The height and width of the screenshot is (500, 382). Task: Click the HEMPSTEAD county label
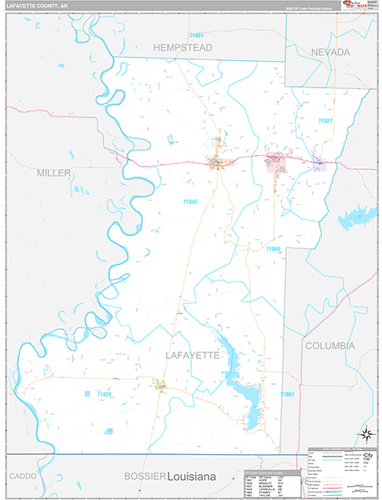point(183,47)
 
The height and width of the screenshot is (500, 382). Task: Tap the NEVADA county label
point(331,52)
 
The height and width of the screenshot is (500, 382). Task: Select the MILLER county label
point(54,172)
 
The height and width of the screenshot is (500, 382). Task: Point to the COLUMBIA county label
point(329,345)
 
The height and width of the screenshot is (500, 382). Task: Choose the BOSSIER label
point(144,475)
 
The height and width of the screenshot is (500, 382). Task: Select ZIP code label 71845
point(192,201)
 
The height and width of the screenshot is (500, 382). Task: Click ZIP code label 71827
point(324,121)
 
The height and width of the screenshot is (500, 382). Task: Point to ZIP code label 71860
point(274,249)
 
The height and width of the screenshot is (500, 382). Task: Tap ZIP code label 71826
point(104,392)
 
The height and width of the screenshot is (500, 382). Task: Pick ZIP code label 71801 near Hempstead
point(196,35)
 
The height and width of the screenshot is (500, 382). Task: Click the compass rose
point(364,433)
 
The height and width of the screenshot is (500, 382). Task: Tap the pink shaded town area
point(276,163)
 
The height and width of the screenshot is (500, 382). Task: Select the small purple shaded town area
point(318,165)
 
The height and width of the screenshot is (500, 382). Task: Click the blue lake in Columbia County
point(353,216)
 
